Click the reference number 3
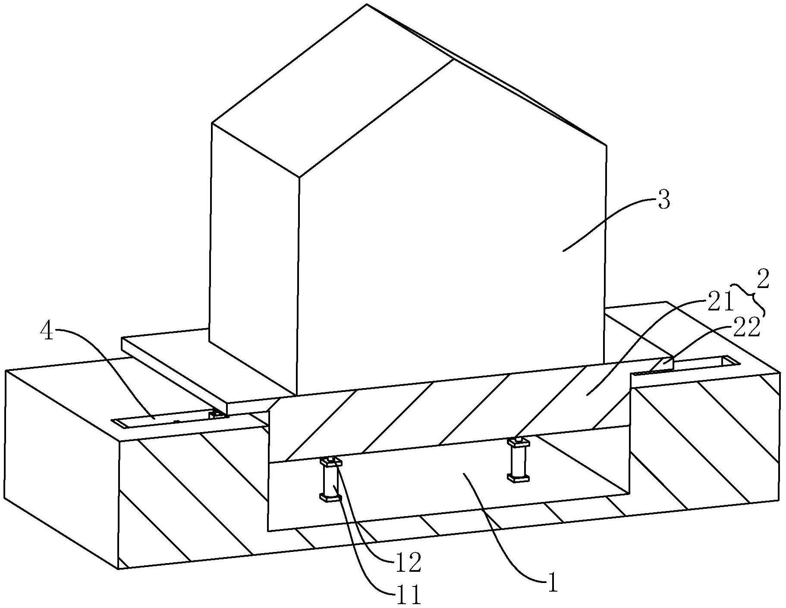(664, 201)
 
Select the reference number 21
(720, 302)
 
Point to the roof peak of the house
(367, 5)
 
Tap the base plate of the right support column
(519, 477)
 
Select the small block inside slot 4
(217, 414)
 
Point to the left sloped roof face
(332, 91)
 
